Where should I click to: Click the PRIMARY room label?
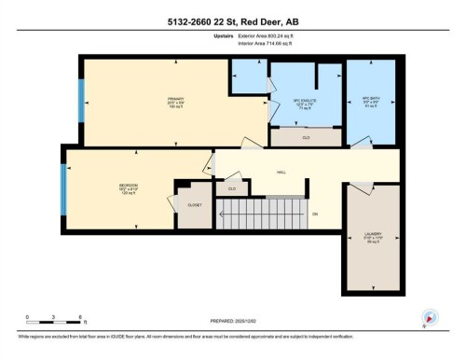pyautogui.click(x=174, y=101)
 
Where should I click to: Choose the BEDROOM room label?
pyautogui.click(x=128, y=188)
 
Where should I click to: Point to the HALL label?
pyautogui.click(x=281, y=173)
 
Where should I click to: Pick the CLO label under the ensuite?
pyautogui.click(x=306, y=137)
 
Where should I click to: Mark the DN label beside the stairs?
pyautogui.click(x=315, y=215)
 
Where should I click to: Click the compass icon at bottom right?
pyautogui.click(x=430, y=317)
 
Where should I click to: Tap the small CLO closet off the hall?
pyautogui.click(x=231, y=188)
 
